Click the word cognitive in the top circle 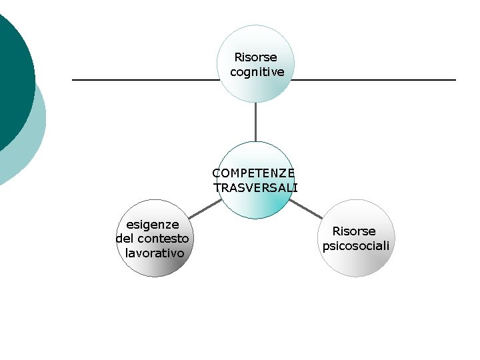click(257, 71)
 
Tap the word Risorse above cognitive click(255, 57)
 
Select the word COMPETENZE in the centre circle click(253, 173)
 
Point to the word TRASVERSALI click(256, 188)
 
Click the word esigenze click(153, 225)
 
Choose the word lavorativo click(155, 253)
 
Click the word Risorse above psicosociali click(354, 231)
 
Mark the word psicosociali click(356, 246)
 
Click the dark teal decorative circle click(10, 67)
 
